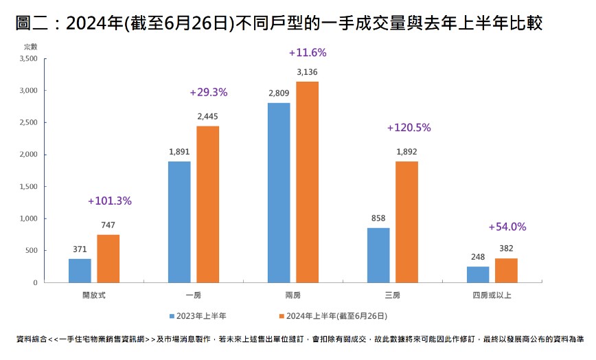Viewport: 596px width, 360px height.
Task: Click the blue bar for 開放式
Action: (80, 270)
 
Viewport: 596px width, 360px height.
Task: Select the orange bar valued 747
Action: (108, 258)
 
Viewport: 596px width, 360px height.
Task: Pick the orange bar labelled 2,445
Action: (207, 204)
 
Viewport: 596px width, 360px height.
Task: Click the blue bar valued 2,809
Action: (279, 192)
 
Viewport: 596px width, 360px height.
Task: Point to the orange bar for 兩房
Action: (307, 182)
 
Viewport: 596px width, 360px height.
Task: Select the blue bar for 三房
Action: (378, 255)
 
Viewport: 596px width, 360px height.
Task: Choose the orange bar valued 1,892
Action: (406, 221)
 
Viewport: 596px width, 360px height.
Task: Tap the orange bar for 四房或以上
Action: (506, 270)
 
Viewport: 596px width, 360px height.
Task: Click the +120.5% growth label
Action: (409, 128)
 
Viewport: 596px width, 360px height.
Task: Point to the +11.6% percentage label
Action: (308, 52)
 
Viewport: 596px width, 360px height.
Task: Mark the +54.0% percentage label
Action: (507, 227)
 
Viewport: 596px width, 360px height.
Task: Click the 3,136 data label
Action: (308, 72)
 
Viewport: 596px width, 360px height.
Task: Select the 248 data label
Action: (478, 257)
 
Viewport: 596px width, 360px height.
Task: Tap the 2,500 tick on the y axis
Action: (27, 122)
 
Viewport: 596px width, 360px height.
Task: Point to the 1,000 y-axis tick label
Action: (27, 218)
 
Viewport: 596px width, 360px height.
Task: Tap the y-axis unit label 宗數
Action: (30, 46)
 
